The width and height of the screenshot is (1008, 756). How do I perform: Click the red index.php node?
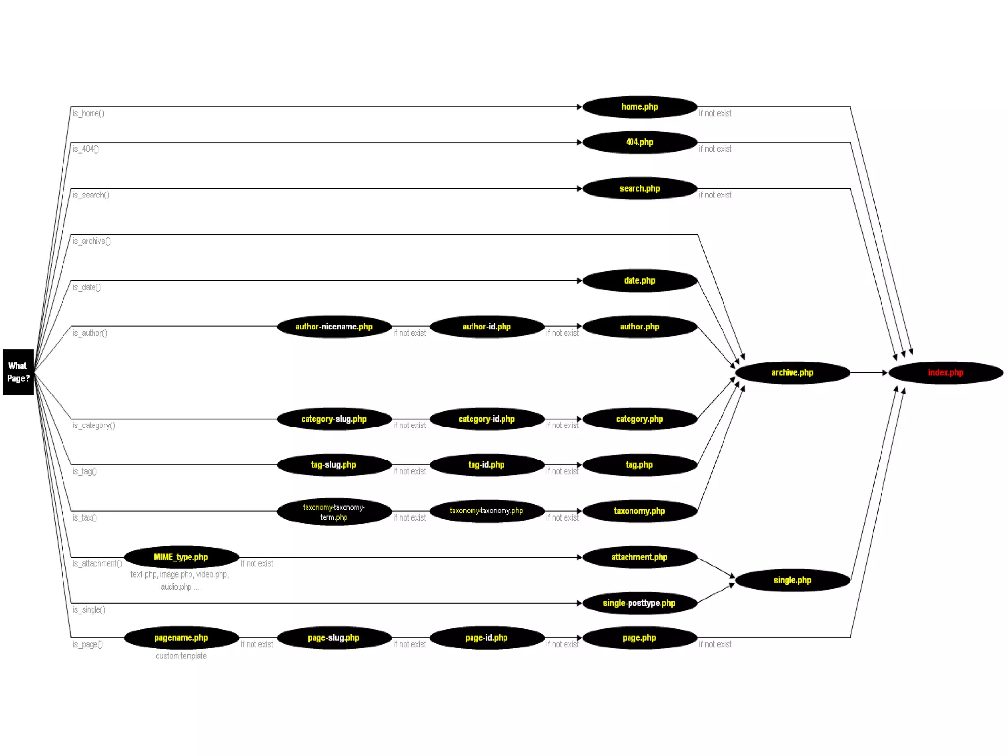pyautogui.click(x=945, y=373)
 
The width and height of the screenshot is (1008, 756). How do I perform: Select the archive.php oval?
pyautogui.click(x=792, y=373)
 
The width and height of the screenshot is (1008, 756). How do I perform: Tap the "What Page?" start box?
pyautogui.click(x=18, y=372)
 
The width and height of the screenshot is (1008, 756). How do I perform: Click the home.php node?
pyautogui.click(x=639, y=107)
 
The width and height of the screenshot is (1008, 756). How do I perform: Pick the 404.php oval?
pyautogui.click(x=639, y=142)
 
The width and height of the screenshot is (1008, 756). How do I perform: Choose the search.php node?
pyautogui.click(x=639, y=189)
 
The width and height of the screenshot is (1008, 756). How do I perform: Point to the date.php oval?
pyautogui.click(x=639, y=281)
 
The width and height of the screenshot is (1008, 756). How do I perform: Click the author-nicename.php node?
pyautogui.click(x=334, y=327)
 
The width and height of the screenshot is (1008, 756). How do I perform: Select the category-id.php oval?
pyautogui.click(x=486, y=419)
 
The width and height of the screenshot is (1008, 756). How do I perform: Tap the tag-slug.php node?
pyautogui.click(x=334, y=465)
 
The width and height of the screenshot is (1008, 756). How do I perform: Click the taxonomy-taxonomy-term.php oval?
pyautogui.click(x=334, y=512)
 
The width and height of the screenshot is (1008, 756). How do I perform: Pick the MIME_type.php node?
pyautogui.click(x=181, y=557)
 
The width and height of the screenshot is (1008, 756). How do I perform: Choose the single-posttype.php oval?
pyautogui.click(x=639, y=603)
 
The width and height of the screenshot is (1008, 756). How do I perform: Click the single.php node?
pyautogui.click(x=792, y=580)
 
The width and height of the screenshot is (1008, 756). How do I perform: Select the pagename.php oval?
pyautogui.click(x=181, y=638)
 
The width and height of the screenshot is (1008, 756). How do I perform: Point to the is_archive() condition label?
pyautogui.click(x=92, y=241)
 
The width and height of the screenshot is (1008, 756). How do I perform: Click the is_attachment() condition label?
pyautogui.click(x=97, y=564)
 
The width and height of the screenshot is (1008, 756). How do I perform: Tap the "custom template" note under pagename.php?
pyautogui.click(x=181, y=656)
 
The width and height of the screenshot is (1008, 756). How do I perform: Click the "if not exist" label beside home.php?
pyautogui.click(x=715, y=114)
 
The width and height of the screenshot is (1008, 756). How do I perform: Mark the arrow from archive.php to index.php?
pyautogui.click(x=869, y=373)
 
